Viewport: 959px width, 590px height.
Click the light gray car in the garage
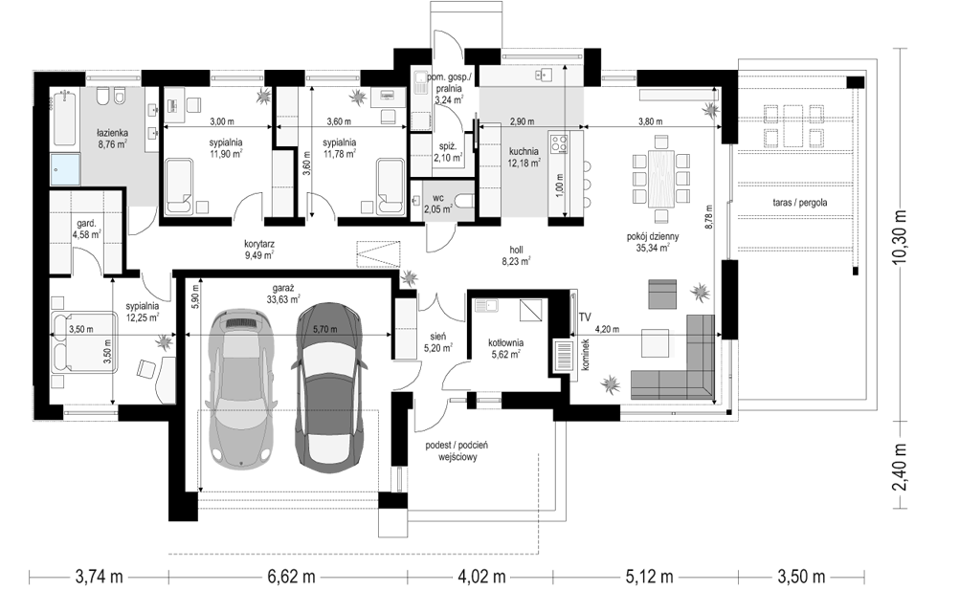point(239,389)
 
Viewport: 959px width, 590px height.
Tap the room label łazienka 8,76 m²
point(112,138)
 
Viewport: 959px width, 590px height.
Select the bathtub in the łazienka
point(63,120)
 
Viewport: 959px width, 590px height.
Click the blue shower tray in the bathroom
point(65,168)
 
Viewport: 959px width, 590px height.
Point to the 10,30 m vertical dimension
point(899,237)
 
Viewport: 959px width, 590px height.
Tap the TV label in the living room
point(585,317)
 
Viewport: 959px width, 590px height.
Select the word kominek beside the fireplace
point(585,361)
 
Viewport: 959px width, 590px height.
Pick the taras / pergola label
point(794,202)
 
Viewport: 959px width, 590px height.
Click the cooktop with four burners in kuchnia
point(560,143)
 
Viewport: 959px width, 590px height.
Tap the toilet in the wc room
point(465,201)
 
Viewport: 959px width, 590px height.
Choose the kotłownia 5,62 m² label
point(505,348)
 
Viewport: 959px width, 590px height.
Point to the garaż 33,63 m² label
point(282,294)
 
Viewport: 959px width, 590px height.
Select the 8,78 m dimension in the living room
point(708,216)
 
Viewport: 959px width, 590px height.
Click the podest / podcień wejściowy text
point(457,451)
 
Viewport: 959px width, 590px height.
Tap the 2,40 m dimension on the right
point(899,467)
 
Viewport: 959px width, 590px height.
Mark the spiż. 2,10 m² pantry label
point(448,152)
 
